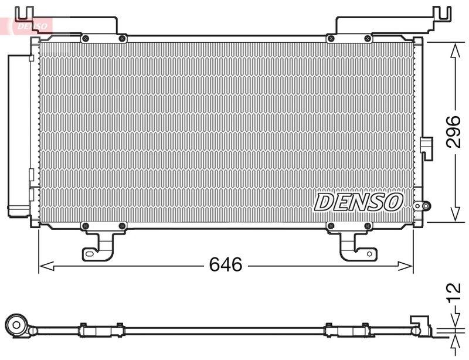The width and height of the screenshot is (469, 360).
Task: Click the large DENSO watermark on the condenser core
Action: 359,202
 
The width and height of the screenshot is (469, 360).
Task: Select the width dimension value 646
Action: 226,265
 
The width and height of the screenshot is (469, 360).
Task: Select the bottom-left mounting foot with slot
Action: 97,249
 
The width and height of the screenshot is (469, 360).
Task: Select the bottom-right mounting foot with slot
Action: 355,249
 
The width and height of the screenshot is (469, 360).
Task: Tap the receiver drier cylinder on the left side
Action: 16,135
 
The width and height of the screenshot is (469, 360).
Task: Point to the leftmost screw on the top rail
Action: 86,39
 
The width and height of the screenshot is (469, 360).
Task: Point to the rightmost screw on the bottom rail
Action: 368,226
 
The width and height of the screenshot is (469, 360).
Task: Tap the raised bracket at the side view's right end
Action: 420,324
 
